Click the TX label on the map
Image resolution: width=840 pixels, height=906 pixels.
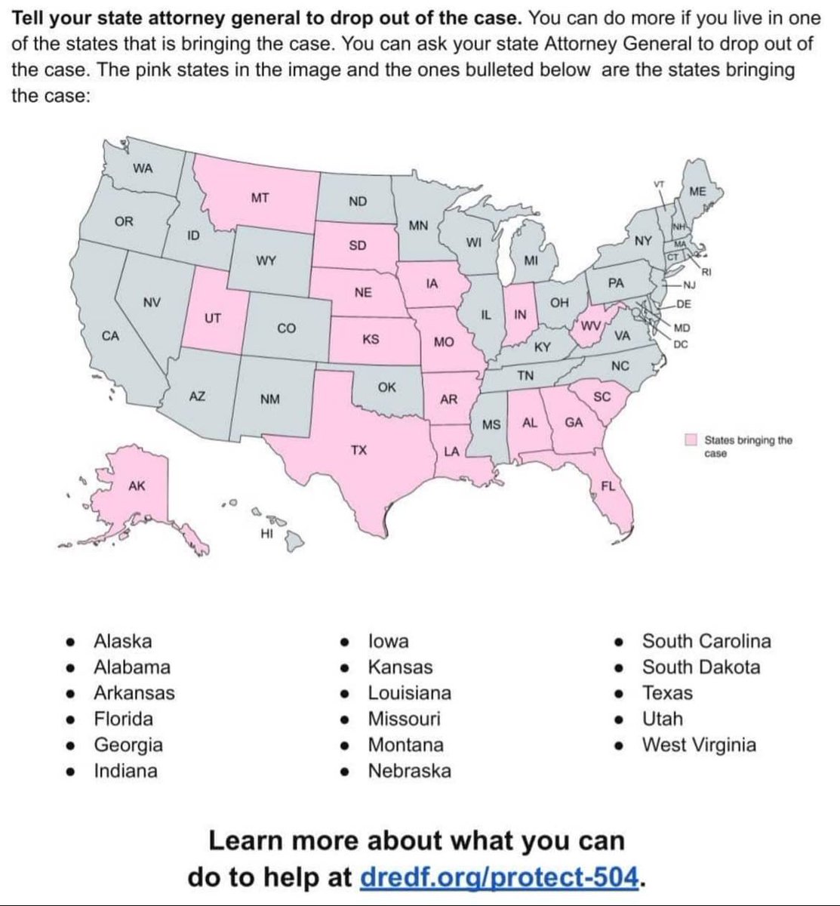[x=358, y=450]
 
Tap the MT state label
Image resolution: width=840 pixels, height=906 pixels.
[x=260, y=199]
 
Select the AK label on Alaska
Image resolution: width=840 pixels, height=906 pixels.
[x=137, y=486]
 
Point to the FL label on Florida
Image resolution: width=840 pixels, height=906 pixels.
[x=608, y=485]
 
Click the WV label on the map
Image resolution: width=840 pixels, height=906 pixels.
[x=590, y=325]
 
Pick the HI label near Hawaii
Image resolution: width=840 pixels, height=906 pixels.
[x=266, y=535]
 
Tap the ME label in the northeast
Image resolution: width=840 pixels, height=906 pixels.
[x=698, y=192]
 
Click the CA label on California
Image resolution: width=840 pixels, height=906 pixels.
[x=110, y=335]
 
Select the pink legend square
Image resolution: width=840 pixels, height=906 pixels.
[x=690, y=440]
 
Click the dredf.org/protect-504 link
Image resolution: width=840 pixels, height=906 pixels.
[x=501, y=877]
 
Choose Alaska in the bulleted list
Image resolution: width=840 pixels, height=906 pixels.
[x=122, y=641]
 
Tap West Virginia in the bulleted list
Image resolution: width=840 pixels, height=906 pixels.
[x=698, y=745]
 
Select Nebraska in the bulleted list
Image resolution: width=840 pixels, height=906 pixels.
[x=409, y=771]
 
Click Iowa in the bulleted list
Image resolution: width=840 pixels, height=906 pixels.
[x=388, y=641]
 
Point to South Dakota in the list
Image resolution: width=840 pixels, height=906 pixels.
[x=700, y=667]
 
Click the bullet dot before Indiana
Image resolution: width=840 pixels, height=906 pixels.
[x=70, y=772]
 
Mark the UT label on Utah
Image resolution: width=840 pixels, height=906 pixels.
[x=213, y=318]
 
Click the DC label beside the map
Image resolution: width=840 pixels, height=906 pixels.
[x=681, y=345]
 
